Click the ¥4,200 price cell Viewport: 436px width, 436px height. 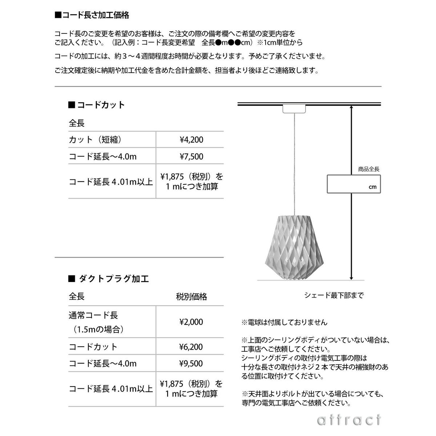(x=191, y=140)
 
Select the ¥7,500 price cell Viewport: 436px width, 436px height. (x=191, y=157)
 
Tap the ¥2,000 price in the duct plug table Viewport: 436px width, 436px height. (x=191, y=322)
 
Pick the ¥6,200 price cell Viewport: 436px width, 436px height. (x=191, y=347)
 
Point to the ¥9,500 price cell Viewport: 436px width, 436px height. (x=191, y=363)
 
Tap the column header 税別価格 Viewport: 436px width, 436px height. (x=191, y=297)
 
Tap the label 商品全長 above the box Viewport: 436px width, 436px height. (x=368, y=169)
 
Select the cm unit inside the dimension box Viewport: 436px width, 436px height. (x=372, y=187)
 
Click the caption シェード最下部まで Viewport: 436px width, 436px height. (x=334, y=295)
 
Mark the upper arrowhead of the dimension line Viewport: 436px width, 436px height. (x=351, y=108)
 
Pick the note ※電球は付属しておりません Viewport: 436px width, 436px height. (x=284, y=322)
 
